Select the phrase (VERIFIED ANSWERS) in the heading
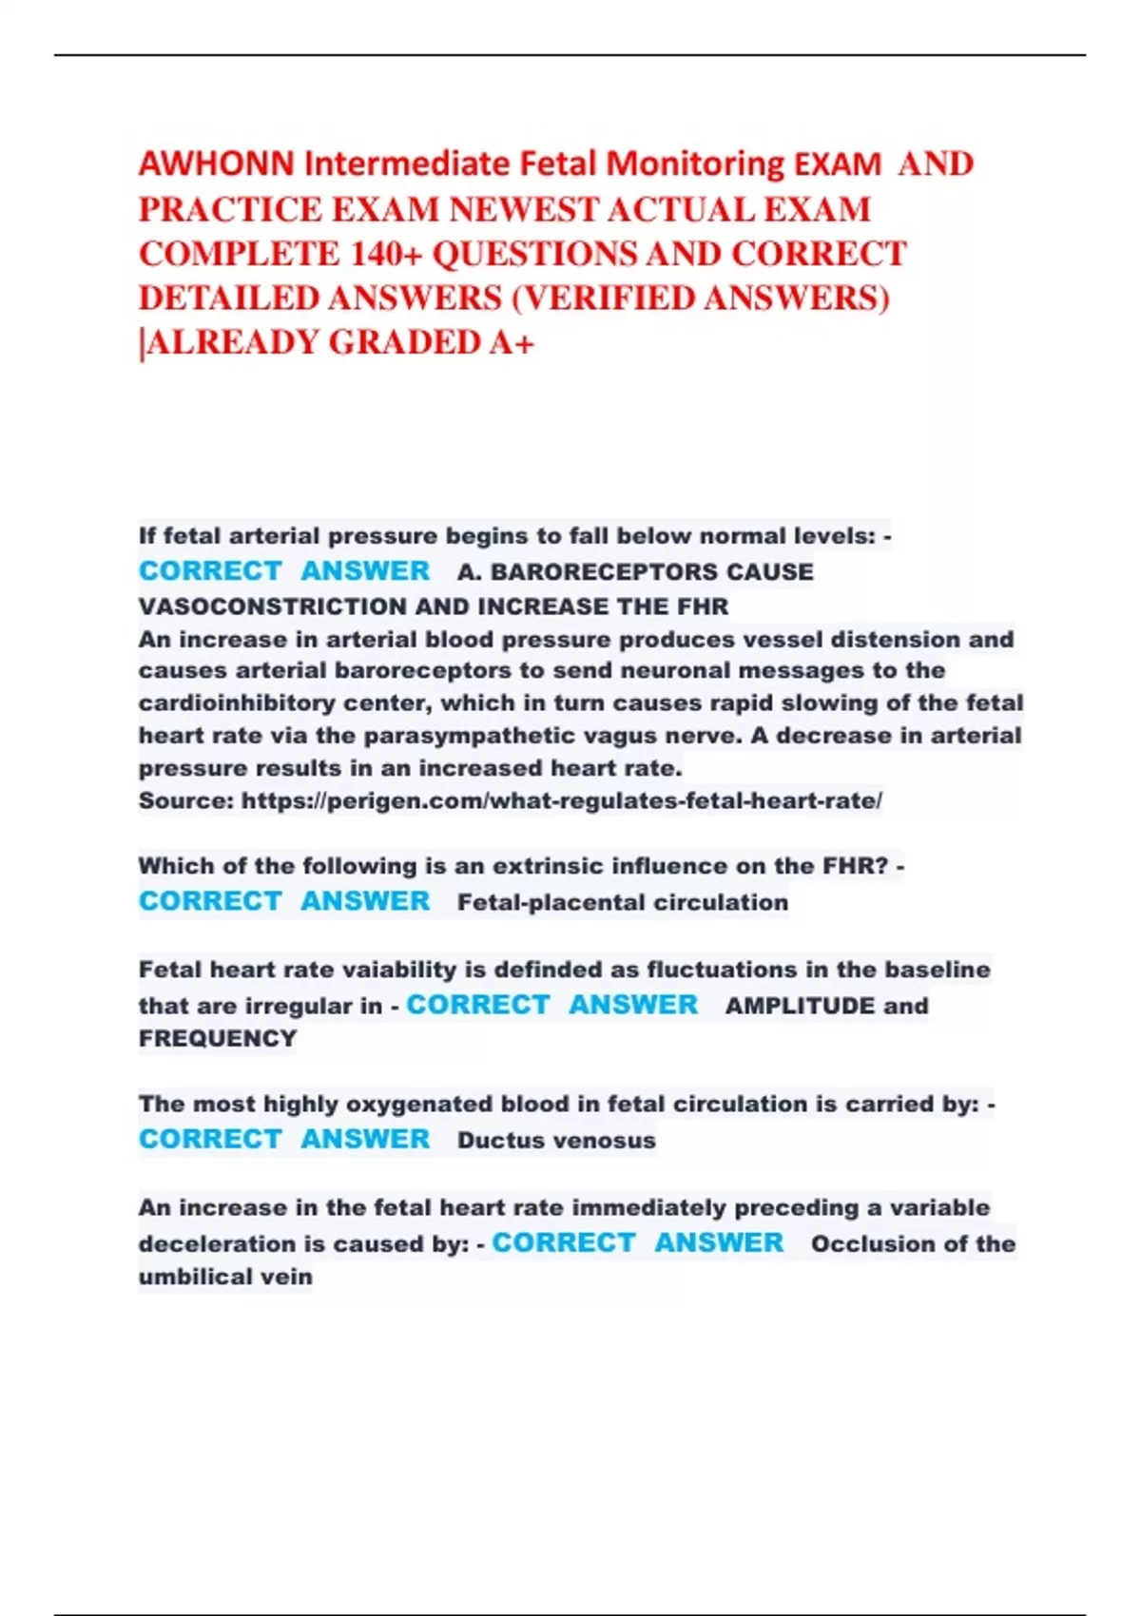pyautogui.click(x=701, y=298)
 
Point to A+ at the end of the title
pyautogui.click(x=512, y=342)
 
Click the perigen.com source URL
pyautogui.click(x=561, y=800)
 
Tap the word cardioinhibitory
pyautogui.click(x=236, y=703)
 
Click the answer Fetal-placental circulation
pyautogui.click(x=623, y=902)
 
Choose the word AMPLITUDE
pyautogui.click(x=800, y=1006)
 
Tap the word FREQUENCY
pyautogui.click(x=218, y=1038)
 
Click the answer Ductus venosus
pyautogui.click(x=556, y=1140)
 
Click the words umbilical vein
pyautogui.click(x=225, y=1277)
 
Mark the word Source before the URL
pyautogui.click(x=185, y=800)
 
